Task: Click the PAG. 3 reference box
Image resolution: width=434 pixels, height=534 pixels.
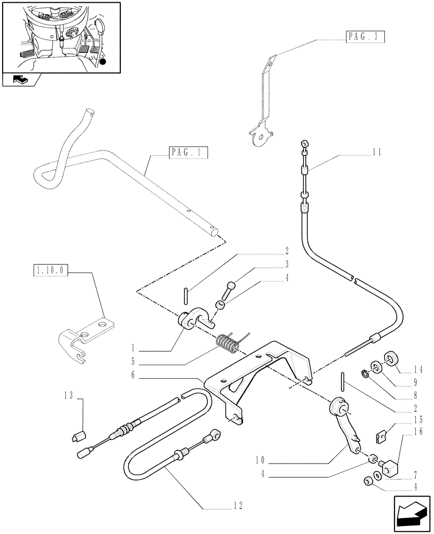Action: (x=362, y=37)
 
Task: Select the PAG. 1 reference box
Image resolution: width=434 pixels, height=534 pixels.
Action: (x=188, y=153)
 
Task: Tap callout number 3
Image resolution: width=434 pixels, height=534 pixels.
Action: (x=286, y=263)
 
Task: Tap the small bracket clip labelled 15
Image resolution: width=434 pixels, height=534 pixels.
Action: (x=382, y=437)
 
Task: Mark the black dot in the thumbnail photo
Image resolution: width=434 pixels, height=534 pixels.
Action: (x=102, y=62)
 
